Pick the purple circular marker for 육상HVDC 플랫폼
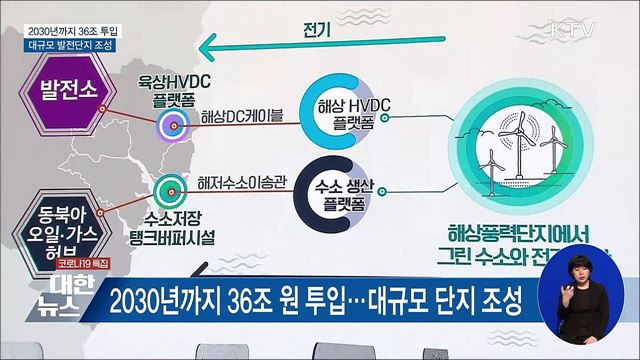point(170,125)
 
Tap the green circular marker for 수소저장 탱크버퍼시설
point(166,187)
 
